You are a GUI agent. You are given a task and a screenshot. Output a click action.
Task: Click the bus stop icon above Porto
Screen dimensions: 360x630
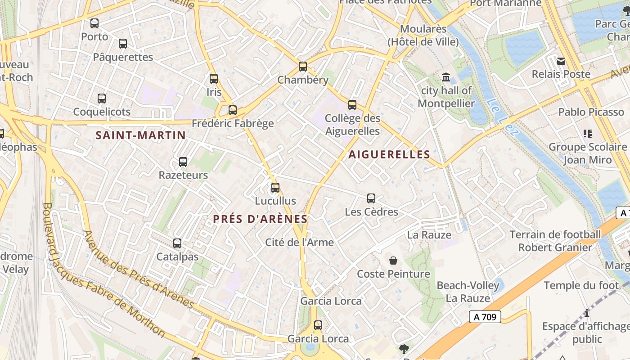pyautogui.click(x=94, y=23)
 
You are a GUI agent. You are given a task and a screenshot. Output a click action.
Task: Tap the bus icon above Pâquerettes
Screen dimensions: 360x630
pyautogui.click(x=123, y=44)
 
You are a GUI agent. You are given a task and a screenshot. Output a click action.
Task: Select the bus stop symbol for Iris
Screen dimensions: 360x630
pyautogui.click(x=214, y=79)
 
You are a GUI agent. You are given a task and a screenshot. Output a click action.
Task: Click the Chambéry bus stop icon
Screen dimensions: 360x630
pyautogui.click(x=303, y=67)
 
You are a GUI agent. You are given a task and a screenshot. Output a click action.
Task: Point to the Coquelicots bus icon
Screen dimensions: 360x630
pyautogui.click(x=102, y=98)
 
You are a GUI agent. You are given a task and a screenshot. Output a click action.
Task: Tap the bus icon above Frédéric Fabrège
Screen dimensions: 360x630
pyautogui.click(x=233, y=110)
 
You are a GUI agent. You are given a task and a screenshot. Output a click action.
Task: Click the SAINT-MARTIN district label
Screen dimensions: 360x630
pyautogui.click(x=140, y=135)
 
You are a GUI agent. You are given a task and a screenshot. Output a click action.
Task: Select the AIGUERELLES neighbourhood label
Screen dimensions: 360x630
pyautogui.click(x=389, y=154)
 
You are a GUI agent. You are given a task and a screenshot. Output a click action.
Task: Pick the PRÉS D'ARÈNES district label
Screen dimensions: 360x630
pyautogui.click(x=260, y=219)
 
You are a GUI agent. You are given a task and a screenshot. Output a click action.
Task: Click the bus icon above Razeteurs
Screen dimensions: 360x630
pyautogui.click(x=183, y=162)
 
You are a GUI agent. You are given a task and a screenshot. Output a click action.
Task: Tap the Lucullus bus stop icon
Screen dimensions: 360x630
pyautogui.click(x=275, y=187)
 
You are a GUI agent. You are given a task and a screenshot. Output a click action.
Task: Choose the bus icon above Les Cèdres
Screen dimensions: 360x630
pyautogui.click(x=371, y=198)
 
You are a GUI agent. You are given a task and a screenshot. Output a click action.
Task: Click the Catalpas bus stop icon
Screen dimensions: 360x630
pyautogui.click(x=177, y=243)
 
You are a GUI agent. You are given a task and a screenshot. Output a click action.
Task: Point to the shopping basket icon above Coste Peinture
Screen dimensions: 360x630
pyautogui.click(x=393, y=261)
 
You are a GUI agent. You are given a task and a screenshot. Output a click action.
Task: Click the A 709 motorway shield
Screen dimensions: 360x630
pyautogui.click(x=485, y=317)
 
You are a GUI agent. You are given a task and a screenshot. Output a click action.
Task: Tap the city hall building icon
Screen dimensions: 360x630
pyautogui.click(x=446, y=77)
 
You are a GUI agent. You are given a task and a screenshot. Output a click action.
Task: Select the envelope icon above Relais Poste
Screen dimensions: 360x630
pyautogui.click(x=561, y=61)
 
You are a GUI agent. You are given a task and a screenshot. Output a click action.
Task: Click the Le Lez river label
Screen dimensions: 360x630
pyautogui.click(x=503, y=117)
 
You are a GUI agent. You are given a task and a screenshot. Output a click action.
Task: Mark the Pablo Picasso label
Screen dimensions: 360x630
pyautogui.click(x=591, y=112)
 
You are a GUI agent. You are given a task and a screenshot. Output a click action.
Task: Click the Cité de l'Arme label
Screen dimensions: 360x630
pyautogui.click(x=299, y=243)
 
